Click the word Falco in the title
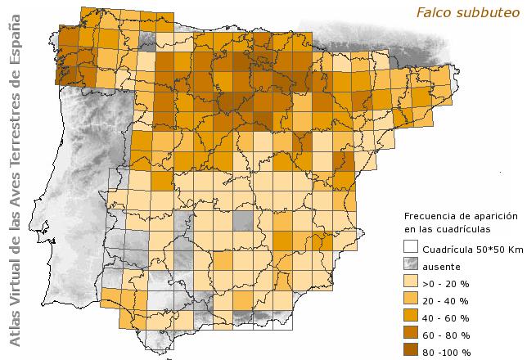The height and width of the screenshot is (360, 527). pyautogui.click(x=433, y=12)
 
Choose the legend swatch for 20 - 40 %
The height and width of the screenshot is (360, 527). pyautogui.click(x=411, y=299)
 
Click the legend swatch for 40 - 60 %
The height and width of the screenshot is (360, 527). pyautogui.click(x=411, y=317)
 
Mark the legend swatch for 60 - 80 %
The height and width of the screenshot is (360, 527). pyautogui.click(x=411, y=334)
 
